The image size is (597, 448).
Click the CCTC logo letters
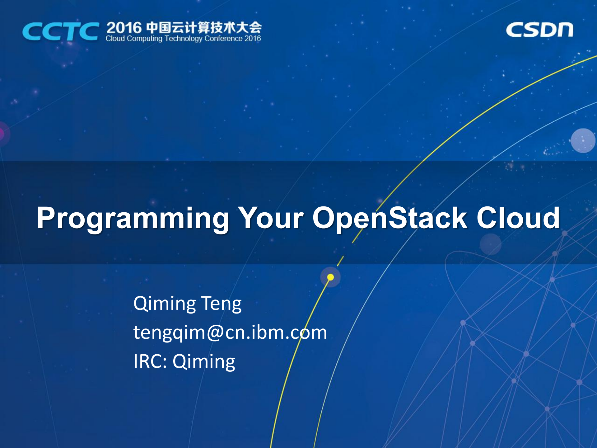coord(61,31)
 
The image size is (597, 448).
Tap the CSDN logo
coord(539,30)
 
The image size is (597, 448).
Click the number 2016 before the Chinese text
coord(124,28)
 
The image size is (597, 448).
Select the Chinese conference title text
coord(204,28)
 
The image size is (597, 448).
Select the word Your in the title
coord(270,218)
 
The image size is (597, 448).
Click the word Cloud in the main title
coord(518,218)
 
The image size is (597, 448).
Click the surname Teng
coord(221,304)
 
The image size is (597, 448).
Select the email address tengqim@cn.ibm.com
coord(230,332)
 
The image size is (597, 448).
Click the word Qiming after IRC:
coord(204,362)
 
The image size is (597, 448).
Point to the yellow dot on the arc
coord(330,277)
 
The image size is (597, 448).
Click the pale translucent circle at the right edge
coord(583,141)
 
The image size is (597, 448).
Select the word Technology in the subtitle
coord(183,39)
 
